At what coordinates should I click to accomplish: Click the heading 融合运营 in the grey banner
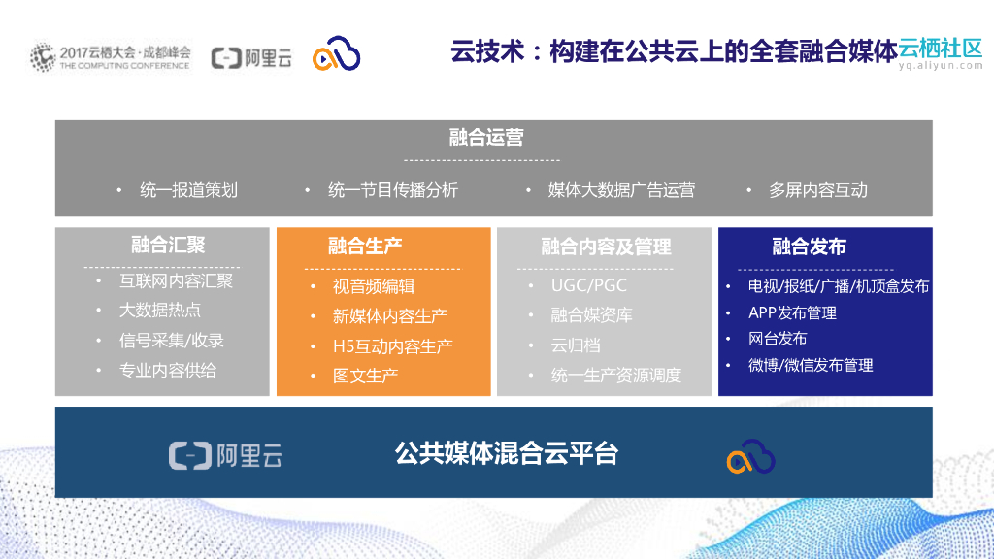click(486, 137)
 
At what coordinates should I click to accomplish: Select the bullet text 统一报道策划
click(188, 190)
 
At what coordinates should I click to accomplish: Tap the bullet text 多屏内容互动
click(817, 190)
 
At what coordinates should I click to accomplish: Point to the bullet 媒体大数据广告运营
click(621, 190)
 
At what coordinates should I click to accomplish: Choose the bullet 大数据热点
click(160, 311)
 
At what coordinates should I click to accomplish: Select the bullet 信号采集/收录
click(172, 341)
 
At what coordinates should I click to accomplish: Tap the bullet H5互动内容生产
click(393, 346)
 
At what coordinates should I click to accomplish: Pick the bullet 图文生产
click(366, 377)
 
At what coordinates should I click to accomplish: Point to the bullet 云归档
click(576, 345)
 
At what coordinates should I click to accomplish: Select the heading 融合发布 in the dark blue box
click(809, 246)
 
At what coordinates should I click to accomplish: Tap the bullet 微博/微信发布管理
click(811, 365)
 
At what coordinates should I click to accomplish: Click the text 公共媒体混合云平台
click(506, 453)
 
